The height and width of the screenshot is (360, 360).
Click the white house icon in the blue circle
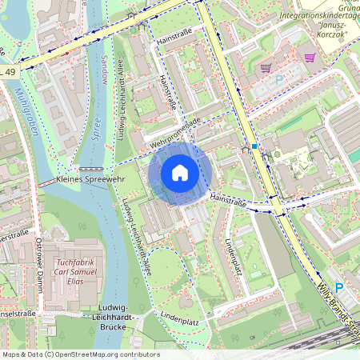click(180, 173)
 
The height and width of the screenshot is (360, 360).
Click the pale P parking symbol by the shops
click(279, 80)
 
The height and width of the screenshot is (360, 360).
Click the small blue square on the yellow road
click(254, 146)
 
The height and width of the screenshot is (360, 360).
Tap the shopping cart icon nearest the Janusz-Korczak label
click(309, 58)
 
